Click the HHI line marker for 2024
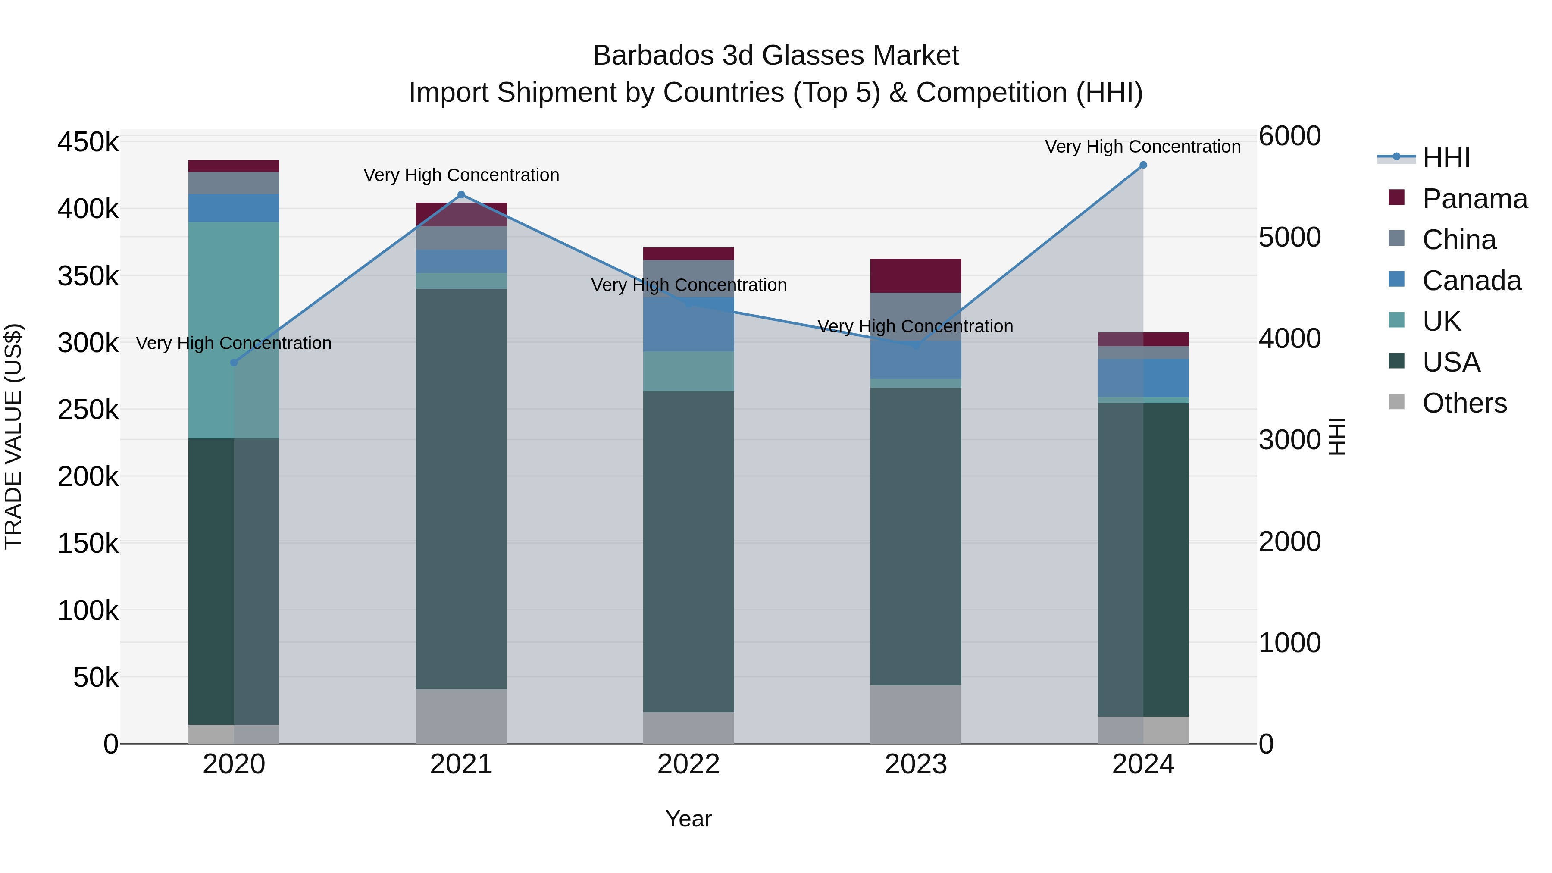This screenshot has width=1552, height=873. pyautogui.click(x=1143, y=165)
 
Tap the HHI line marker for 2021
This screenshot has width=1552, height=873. pyautogui.click(x=461, y=194)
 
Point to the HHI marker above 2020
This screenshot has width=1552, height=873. pyautogui.click(x=235, y=362)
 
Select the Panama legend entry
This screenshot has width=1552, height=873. pyautogui.click(x=1474, y=199)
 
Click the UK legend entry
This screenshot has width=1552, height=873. pyautogui.click(x=1441, y=321)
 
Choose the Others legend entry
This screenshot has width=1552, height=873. pyautogui.click(x=1464, y=403)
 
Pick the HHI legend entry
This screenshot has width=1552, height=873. pyautogui.click(x=1446, y=158)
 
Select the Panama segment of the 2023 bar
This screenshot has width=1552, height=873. pyautogui.click(x=916, y=275)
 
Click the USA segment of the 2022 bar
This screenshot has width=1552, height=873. pyautogui.click(x=688, y=551)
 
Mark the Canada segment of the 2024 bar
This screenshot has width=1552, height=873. pyautogui.click(x=1143, y=378)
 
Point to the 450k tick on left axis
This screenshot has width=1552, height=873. pyautogui.click(x=88, y=143)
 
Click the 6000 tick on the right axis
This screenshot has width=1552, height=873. pyautogui.click(x=1289, y=136)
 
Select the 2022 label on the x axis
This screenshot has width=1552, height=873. pyautogui.click(x=688, y=764)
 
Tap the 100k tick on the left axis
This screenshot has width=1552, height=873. pyautogui.click(x=88, y=611)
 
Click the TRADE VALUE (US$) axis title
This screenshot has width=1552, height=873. pyautogui.click(x=13, y=436)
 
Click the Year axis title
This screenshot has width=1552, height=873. pyautogui.click(x=688, y=819)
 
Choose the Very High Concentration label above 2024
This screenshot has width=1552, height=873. pyautogui.click(x=1142, y=147)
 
